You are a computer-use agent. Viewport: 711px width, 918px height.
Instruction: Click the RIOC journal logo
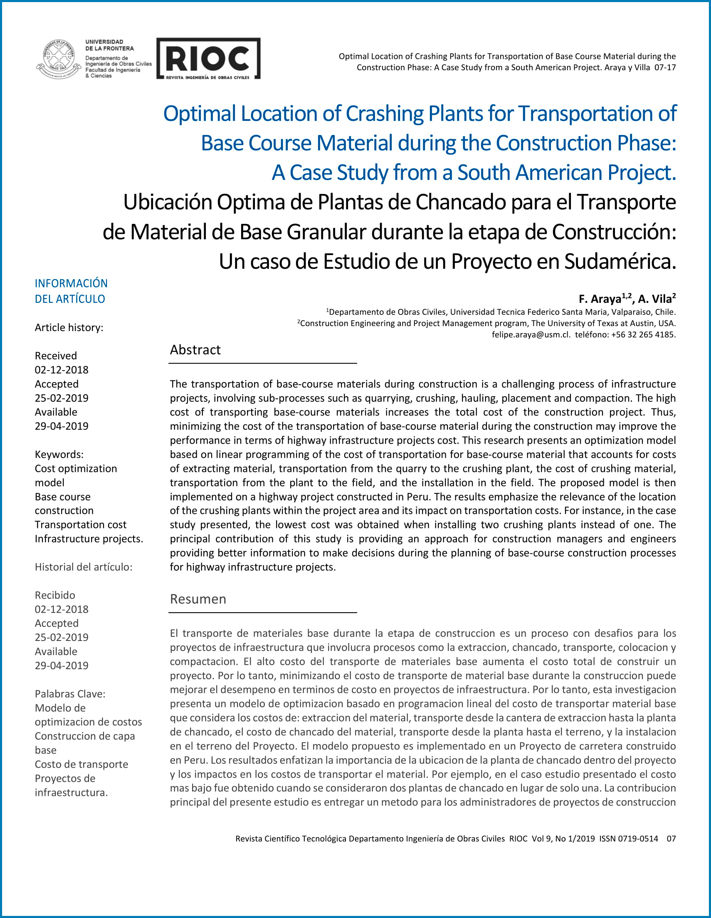coord(208,59)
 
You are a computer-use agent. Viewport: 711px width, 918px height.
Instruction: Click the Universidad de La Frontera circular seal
coord(59,59)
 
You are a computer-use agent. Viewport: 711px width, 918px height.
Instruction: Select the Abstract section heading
coord(195,350)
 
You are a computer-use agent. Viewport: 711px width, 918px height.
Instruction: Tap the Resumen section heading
coord(198,599)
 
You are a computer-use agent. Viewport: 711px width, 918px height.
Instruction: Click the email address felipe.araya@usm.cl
coord(531,334)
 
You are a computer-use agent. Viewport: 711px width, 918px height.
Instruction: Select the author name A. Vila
coord(654,299)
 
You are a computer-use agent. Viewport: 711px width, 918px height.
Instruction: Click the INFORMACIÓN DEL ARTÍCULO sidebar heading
coord(71,291)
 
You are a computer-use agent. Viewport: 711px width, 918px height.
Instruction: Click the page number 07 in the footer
coord(671,839)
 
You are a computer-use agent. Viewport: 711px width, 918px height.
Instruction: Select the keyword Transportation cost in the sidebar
coord(80,525)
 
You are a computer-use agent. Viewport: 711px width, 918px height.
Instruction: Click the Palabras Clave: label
coord(70,694)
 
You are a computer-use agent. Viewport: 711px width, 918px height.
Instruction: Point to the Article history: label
coord(69,327)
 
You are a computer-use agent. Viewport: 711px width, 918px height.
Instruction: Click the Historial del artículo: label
coord(83,567)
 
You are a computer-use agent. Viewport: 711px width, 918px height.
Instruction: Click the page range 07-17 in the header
coord(665,67)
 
